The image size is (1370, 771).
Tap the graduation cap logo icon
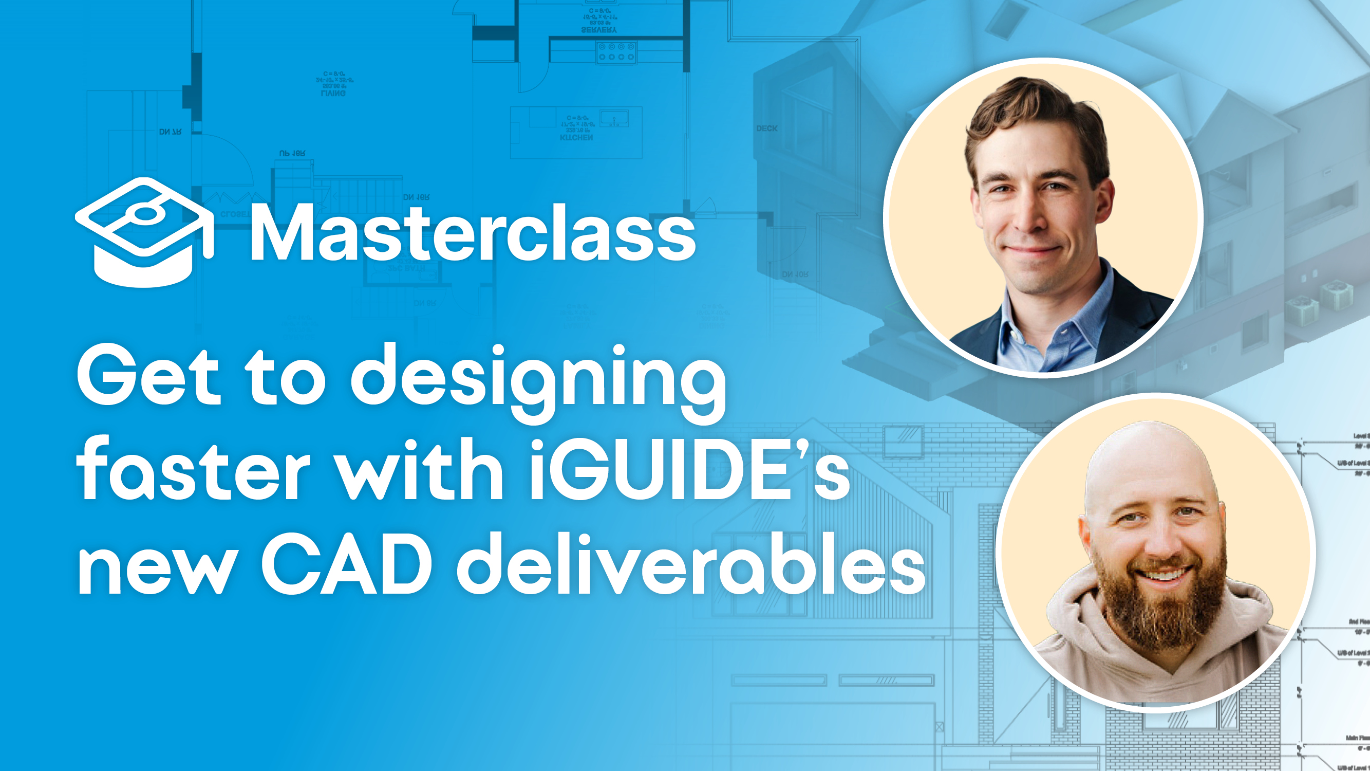(144, 232)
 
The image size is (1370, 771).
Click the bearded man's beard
(1159, 607)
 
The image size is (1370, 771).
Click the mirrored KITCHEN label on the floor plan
(576, 138)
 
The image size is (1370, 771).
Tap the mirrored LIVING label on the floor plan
(333, 93)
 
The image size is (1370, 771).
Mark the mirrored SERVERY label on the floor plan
(599, 30)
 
